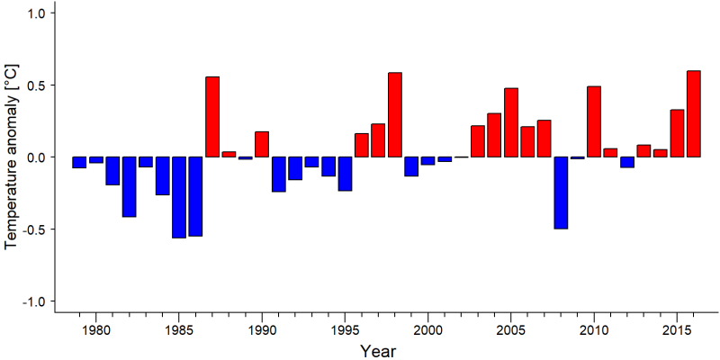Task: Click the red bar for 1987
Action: [212, 117]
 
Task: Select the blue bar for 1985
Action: [179, 197]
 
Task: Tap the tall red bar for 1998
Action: [395, 115]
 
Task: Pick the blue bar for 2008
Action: [561, 193]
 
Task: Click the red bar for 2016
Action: [694, 114]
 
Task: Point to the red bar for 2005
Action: [511, 122]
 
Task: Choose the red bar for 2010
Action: [594, 121]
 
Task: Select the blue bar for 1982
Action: [129, 187]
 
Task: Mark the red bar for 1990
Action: [262, 144]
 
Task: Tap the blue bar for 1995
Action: [345, 174]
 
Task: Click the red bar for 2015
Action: [677, 133]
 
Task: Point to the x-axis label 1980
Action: [95, 329]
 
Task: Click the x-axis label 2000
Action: [428, 329]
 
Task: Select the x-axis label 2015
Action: [677, 329]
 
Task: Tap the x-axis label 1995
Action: [345, 329]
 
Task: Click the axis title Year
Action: [377, 351]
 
